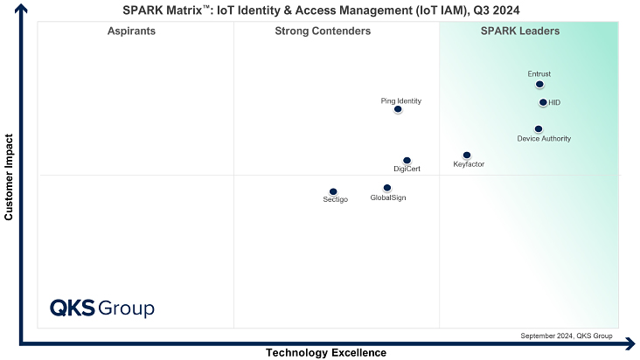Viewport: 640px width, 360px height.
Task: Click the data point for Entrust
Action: tap(539, 85)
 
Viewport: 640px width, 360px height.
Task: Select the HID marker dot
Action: tap(543, 102)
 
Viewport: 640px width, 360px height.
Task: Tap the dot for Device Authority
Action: tap(539, 128)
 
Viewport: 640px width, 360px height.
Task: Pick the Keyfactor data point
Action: tap(467, 155)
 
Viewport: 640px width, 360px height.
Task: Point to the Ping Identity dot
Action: tap(398, 109)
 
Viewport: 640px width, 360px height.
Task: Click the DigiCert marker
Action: tap(407, 160)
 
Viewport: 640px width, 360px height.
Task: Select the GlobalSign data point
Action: tap(387, 188)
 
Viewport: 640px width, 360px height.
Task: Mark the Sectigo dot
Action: tap(333, 191)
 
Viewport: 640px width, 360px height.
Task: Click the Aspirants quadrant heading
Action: tap(131, 31)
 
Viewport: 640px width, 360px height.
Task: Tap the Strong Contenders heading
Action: tap(323, 31)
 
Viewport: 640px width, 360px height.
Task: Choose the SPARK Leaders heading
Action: tap(520, 31)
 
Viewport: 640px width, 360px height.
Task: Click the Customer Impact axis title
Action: tap(9, 177)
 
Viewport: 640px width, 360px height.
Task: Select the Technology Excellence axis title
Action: tap(326, 353)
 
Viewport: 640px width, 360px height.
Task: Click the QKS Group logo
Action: tap(102, 308)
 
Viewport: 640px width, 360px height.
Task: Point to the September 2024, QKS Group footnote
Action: tap(567, 336)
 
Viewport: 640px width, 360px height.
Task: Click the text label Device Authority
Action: tap(544, 139)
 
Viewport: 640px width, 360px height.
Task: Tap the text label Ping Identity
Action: tap(400, 100)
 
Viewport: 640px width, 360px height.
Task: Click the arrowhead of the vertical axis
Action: tap(21, 8)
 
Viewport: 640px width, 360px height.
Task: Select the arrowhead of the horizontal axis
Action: tap(631, 344)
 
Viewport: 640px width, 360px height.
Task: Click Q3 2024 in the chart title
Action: tap(497, 10)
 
